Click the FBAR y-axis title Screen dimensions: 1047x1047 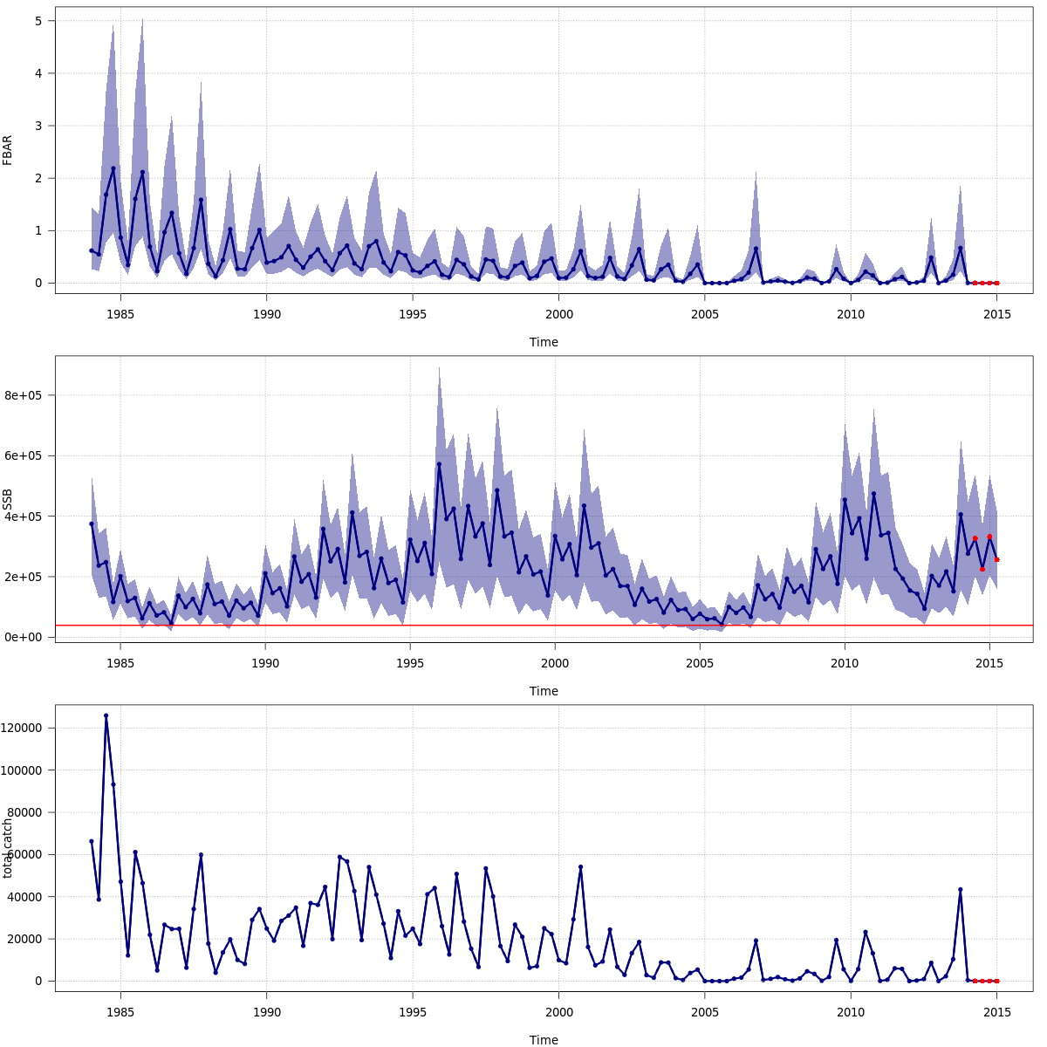pyautogui.click(x=8, y=150)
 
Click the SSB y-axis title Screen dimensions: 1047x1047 pyautogui.click(x=8, y=499)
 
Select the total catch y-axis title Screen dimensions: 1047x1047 pyautogui.click(x=8, y=848)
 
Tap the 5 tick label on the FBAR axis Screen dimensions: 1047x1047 pyautogui.click(x=38, y=20)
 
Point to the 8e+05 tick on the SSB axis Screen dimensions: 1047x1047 pyautogui.click(x=25, y=395)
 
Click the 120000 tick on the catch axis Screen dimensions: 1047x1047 pyautogui.click(x=23, y=728)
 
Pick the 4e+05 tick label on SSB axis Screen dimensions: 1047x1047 pyautogui.click(x=25, y=517)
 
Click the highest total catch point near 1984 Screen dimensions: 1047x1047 pyautogui.click(x=106, y=715)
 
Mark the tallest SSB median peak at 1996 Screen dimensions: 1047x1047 pyautogui.click(x=439, y=464)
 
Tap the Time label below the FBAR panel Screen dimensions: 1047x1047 pyautogui.click(x=544, y=342)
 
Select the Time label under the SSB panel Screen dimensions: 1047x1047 pyautogui.click(x=544, y=691)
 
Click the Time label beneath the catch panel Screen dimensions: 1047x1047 pyautogui.click(x=544, y=1040)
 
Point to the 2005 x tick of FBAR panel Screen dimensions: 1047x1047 pyautogui.click(x=705, y=314)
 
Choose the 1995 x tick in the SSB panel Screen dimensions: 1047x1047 pyautogui.click(x=410, y=663)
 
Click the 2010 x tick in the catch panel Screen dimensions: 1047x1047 pyautogui.click(x=851, y=1012)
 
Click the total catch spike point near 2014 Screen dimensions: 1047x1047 pyautogui.click(x=960, y=889)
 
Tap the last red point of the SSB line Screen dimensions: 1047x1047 pyautogui.click(x=996, y=560)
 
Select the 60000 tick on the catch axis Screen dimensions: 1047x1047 pyautogui.click(x=25, y=854)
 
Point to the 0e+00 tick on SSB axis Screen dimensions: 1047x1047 pyautogui.click(x=25, y=638)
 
